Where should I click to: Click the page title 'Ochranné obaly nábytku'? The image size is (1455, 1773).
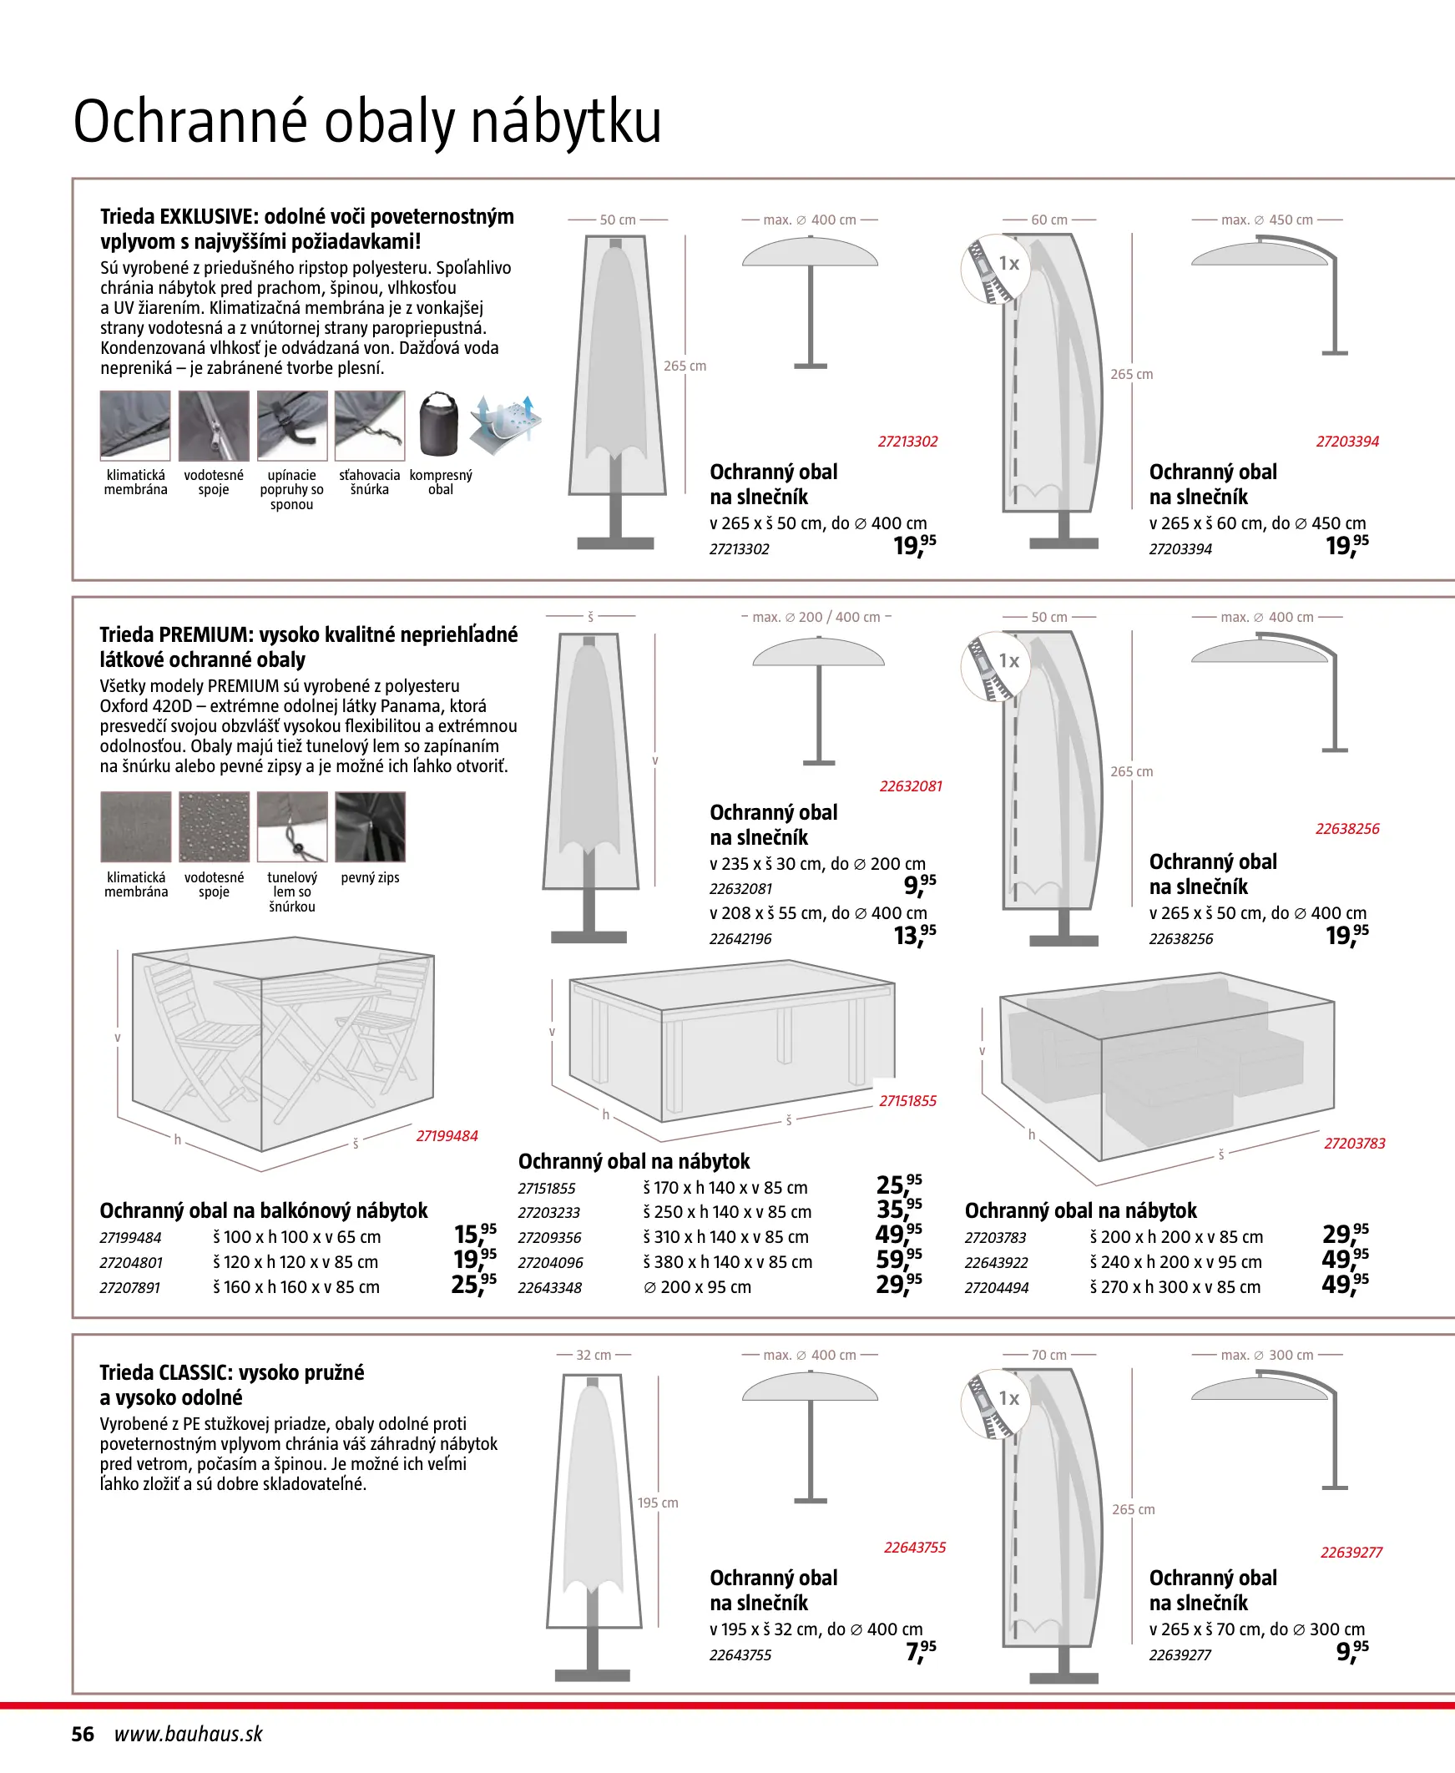pyautogui.click(x=367, y=123)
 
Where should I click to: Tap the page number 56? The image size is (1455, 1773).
pyautogui.click(x=83, y=1734)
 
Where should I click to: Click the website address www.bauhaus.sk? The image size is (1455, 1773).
pyautogui.click(x=189, y=1734)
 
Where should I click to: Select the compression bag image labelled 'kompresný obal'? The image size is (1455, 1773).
pyautogui.click(x=439, y=424)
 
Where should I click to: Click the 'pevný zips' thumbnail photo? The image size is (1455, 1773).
pyautogui.click(x=370, y=827)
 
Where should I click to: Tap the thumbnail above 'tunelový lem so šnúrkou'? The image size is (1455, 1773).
pyautogui.click(x=291, y=827)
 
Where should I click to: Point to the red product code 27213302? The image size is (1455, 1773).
pyautogui.click(x=907, y=442)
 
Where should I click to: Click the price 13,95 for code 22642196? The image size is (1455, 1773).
pyautogui.click(x=914, y=935)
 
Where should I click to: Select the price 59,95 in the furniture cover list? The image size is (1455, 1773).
pyautogui.click(x=898, y=1260)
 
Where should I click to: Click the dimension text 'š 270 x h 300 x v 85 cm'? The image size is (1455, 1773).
pyautogui.click(x=1175, y=1287)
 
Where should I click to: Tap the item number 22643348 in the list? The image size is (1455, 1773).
pyautogui.click(x=550, y=1288)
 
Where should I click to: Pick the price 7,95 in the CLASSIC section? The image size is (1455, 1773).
pyautogui.click(x=920, y=1650)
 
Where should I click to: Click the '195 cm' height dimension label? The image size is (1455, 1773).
pyautogui.click(x=658, y=1503)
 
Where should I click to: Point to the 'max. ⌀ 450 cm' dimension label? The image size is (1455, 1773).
pyautogui.click(x=1266, y=220)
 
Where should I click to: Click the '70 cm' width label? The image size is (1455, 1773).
pyautogui.click(x=1048, y=1355)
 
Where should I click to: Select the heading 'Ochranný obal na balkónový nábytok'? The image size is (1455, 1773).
pyautogui.click(x=263, y=1210)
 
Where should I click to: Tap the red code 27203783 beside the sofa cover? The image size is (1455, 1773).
pyautogui.click(x=1355, y=1143)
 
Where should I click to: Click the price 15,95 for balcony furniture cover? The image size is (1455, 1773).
pyautogui.click(x=474, y=1235)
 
